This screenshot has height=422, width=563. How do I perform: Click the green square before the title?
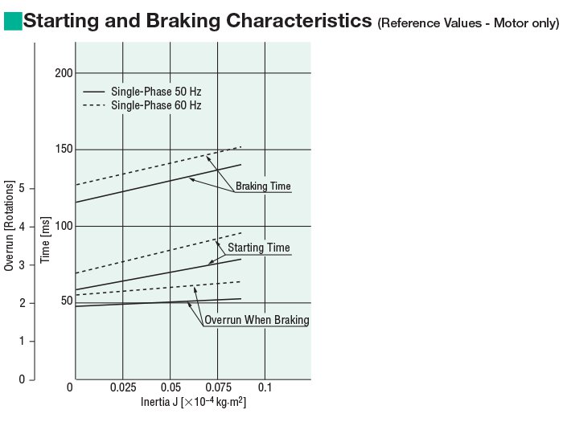[13, 22]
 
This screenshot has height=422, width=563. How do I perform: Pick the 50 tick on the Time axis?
[66, 301]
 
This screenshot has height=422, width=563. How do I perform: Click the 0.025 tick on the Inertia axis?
[122, 387]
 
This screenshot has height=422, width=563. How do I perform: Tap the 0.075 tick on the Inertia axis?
[217, 387]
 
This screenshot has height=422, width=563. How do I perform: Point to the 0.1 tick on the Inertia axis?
[265, 387]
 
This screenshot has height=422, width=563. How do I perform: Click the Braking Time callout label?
[263, 186]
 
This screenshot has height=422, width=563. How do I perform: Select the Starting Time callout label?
[258, 248]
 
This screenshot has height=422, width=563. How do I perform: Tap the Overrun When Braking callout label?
[257, 320]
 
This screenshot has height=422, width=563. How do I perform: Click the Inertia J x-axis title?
[193, 401]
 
